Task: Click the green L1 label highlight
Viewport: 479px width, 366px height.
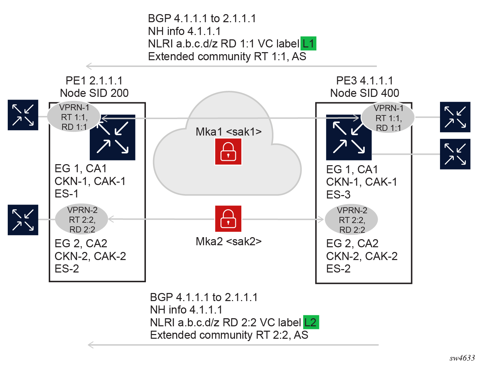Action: coord(308,44)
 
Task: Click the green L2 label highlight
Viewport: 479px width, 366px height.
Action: coord(311,322)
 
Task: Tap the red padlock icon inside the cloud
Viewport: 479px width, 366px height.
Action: coord(228,152)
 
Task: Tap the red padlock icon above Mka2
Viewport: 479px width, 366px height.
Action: coord(228,219)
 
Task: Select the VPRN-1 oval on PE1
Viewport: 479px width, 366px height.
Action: coord(74,117)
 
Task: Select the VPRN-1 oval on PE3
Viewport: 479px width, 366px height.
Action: coord(388,118)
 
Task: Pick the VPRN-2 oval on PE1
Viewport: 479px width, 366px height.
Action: coord(82,220)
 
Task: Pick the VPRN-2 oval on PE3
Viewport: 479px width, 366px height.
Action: coord(352,220)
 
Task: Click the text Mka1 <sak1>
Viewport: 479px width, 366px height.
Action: coord(229,132)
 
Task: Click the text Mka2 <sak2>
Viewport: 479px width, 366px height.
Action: coord(229,242)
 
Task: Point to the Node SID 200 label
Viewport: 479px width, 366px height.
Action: coord(94,93)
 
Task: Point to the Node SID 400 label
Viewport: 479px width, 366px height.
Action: coord(365,93)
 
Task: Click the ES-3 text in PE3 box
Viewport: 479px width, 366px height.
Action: coord(338,195)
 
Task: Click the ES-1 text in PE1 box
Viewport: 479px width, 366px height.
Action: coord(67,194)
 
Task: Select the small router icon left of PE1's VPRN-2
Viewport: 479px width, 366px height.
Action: coord(23,220)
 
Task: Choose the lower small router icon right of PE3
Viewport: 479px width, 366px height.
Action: coord(455,154)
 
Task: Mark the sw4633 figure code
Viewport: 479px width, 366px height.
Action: coord(462,358)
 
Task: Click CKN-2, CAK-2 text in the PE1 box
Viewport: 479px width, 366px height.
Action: coord(90,256)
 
